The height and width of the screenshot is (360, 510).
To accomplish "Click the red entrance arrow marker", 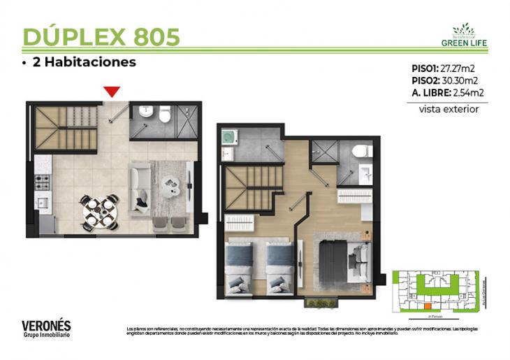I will click(112, 92).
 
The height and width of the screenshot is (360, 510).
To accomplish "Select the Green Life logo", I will click(464, 34).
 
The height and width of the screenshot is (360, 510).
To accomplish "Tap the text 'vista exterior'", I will click(449, 109).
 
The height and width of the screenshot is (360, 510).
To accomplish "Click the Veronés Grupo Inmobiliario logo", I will click(46, 328).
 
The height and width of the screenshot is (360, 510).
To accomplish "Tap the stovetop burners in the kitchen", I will click(42, 182).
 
